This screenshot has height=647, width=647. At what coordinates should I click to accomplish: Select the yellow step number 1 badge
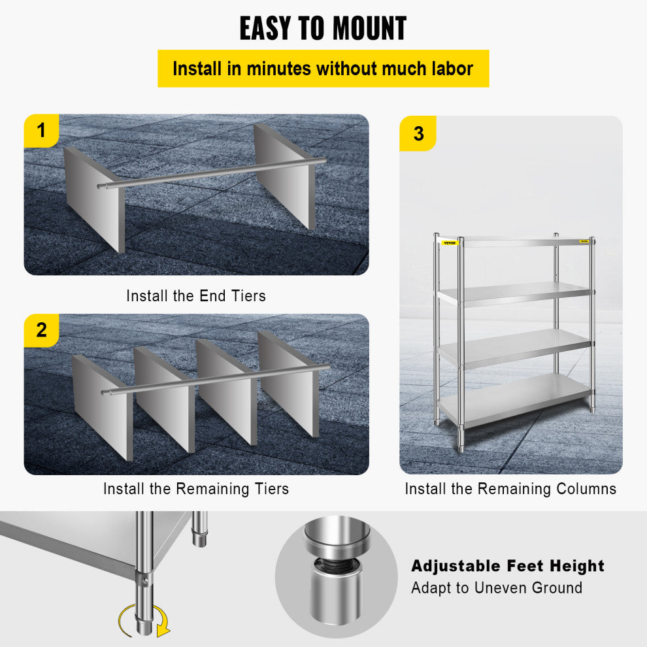(42, 131)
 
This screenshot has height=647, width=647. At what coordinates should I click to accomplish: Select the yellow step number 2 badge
(42, 330)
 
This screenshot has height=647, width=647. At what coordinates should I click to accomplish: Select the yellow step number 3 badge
(418, 134)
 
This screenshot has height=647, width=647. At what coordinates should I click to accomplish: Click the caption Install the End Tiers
(196, 295)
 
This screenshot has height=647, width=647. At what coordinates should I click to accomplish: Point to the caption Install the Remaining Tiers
(196, 488)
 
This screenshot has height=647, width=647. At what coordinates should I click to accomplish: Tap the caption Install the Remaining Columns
(510, 488)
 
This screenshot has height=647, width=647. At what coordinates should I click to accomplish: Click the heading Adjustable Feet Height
(508, 566)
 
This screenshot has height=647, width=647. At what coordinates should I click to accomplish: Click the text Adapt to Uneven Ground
(497, 588)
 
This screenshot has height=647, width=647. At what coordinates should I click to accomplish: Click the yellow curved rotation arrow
(142, 621)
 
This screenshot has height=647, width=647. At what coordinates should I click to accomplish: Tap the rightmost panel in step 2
(289, 382)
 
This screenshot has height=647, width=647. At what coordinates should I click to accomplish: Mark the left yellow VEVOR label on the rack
(450, 243)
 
